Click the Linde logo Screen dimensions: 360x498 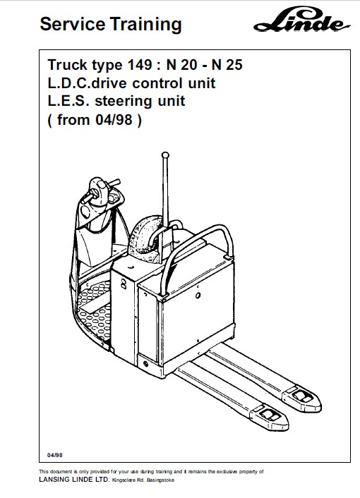click(302, 20)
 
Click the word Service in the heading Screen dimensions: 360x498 click(73, 24)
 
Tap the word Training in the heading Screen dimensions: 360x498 click(146, 25)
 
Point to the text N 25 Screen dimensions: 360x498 click(227, 65)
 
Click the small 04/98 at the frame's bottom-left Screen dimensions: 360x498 click(54, 455)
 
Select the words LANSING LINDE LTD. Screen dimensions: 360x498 click(74, 480)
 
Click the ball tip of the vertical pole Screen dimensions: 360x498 click(165, 155)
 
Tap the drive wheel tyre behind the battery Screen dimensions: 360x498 click(145, 236)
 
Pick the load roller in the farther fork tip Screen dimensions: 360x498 click(301, 396)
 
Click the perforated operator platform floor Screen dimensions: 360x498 click(94, 309)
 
